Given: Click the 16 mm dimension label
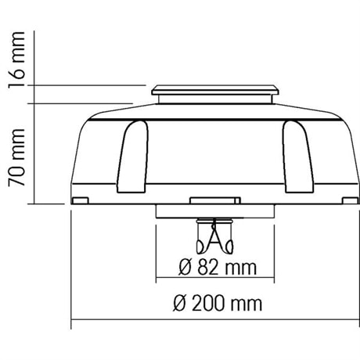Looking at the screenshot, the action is [x=16, y=60].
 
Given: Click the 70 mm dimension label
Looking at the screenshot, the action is [x=16, y=157].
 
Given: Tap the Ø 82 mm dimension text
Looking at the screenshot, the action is [x=218, y=268].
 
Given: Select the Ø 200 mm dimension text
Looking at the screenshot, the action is [x=218, y=304].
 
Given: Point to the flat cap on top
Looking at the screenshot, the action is [x=215, y=90].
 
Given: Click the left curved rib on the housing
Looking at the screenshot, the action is [x=132, y=157].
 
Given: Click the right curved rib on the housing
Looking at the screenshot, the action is [x=298, y=157].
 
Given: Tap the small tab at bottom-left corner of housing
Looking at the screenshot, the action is [x=81, y=200].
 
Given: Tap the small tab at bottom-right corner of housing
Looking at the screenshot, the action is [x=350, y=200].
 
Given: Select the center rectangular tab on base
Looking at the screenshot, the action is [x=215, y=200].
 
